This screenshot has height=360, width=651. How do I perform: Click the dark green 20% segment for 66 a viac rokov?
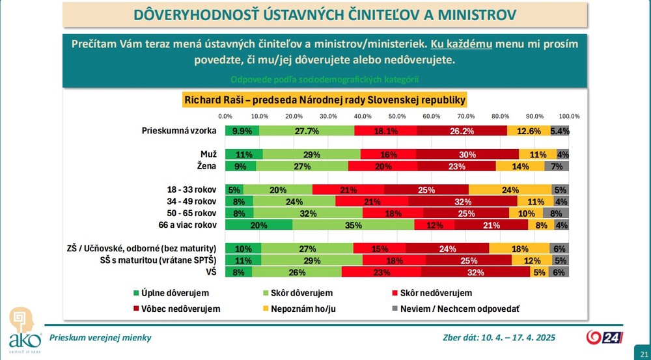(x=259, y=225)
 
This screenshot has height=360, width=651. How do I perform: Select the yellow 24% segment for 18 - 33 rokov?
(x=510, y=190)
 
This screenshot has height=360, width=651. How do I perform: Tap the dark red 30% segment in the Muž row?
(x=467, y=154)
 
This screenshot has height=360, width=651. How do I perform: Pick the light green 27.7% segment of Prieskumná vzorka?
(x=307, y=131)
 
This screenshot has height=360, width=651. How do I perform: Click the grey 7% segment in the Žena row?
(x=557, y=166)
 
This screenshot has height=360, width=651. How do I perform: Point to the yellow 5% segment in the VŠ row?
(x=539, y=272)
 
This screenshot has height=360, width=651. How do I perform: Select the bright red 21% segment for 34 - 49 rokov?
(x=372, y=202)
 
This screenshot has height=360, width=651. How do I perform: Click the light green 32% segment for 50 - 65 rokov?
(x=308, y=214)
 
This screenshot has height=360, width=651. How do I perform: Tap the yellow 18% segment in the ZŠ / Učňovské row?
(x=519, y=249)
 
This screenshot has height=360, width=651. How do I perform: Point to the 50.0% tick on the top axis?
(x=397, y=116)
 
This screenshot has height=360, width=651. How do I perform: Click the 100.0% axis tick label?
(x=569, y=116)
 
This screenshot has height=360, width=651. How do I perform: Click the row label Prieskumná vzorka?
(x=179, y=131)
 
